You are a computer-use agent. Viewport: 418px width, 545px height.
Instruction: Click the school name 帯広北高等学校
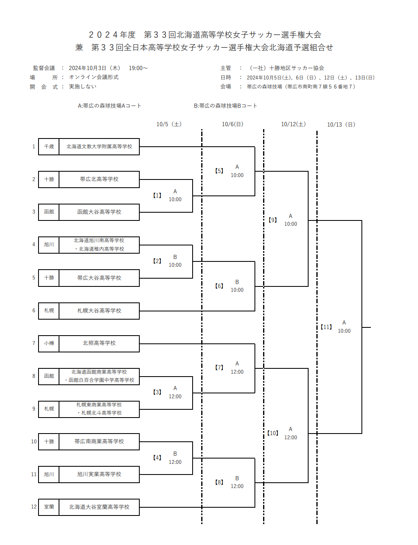pyautogui.click(x=99, y=179)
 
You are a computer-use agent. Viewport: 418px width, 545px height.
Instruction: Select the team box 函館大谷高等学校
pyautogui.click(x=99, y=212)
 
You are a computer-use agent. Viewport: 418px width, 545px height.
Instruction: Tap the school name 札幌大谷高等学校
pyautogui.click(x=99, y=311)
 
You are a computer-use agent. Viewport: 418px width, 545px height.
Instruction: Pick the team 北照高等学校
pyautogui.click(x=99, y=343)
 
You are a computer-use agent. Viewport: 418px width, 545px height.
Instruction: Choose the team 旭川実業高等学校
pyautogui.click(x=99, y=474)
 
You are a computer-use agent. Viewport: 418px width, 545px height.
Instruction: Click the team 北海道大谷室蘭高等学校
pyautogui.click(x=99, y=507)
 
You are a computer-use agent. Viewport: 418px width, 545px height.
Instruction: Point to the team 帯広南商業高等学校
pyautogui.click(x=99, y=441)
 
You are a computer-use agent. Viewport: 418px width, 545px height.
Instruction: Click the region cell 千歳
pyautogui.click(x=49, y=146)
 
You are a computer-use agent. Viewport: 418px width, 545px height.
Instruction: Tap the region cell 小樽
pyautogui.click(x=49, y=343)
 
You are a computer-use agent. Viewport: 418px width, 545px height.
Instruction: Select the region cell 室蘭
pyautogui.click(x=49, y=507)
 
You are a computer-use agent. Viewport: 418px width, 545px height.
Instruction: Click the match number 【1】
pyautogui.click(x=157, y=195)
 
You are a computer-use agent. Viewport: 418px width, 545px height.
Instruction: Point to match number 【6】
pyautogui.click(x=219, y=286)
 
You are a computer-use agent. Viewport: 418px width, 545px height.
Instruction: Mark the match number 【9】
pyautogui.click(x=273, y=220)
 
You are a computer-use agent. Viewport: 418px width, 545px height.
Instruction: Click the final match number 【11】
pyautogui.click(x=326, y=327)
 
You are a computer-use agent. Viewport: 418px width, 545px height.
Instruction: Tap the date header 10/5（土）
pyautogui.click(x=169, y=124)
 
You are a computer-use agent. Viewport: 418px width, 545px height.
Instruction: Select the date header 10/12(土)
pyautogui.click(x=293, y=124)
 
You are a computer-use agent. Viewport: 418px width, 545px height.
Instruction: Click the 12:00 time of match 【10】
pyautogui.click(x=291, y=437)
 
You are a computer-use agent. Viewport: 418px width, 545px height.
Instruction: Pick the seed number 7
pyautogui.click(x=34, y=343)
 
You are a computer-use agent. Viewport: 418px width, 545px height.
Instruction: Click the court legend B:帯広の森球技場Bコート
pyautogui.click(x=225, y=106)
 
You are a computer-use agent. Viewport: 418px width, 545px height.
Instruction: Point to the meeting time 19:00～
pyautogui.click(x=138, y=68)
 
